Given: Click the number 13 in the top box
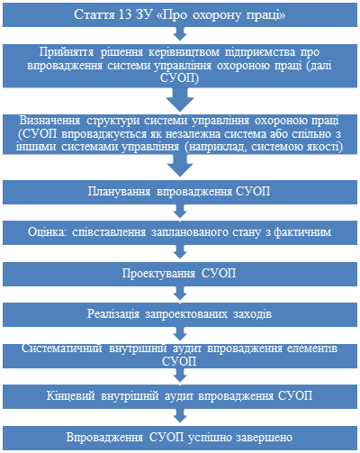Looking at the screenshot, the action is tap(125, 14).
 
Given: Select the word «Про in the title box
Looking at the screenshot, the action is tap(172, 14).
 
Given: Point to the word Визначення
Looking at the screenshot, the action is tap(49, 121).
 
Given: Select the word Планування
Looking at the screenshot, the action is tap(119, 192).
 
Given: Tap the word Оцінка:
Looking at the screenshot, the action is tap(48, 232).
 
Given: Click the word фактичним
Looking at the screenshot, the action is tap(302, 232).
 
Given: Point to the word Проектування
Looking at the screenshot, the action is tap(158, 274).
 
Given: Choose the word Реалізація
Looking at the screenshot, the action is tap(113, 314).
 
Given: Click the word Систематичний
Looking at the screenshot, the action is tap(62, 349).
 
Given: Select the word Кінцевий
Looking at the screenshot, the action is tap(71, 396).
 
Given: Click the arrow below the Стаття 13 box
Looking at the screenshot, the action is tap(180, 33).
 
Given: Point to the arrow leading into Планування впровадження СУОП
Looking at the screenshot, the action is tap(180, 166).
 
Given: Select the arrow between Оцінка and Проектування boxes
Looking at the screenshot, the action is tap(180, 251).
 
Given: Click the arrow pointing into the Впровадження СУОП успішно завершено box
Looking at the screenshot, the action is tap(180, 416).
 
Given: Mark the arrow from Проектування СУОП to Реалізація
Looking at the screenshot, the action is tap(180, 293).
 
